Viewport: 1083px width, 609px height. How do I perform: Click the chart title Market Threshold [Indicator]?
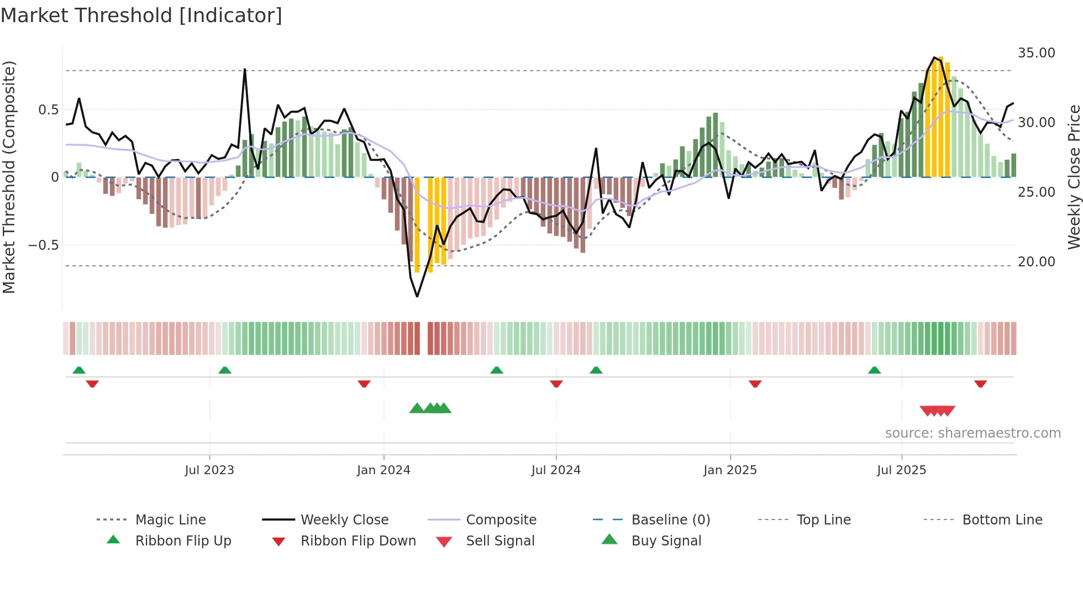click(x=141, y=15)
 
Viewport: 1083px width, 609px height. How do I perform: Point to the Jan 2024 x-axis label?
click(x=383, y=470)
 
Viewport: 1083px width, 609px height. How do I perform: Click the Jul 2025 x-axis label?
click(x=901, y=470)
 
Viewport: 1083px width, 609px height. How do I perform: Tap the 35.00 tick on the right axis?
click(x=1036, y=53)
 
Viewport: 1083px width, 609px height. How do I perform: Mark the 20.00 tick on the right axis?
click(x=1036, y=262)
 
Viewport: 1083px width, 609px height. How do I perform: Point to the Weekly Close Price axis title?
click(x=1074, y=177)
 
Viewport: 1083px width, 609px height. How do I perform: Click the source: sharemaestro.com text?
click(x=972, y=433)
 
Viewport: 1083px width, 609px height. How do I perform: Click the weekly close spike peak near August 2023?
click(x=245, y=70)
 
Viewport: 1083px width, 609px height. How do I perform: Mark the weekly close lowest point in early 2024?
click(x=417, y=296)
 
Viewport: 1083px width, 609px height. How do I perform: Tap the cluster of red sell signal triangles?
click(x=937, y=411)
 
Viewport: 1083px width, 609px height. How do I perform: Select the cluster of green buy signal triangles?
click(x=430, y=408)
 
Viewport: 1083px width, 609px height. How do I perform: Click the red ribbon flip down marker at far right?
click(x=980, y=384)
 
